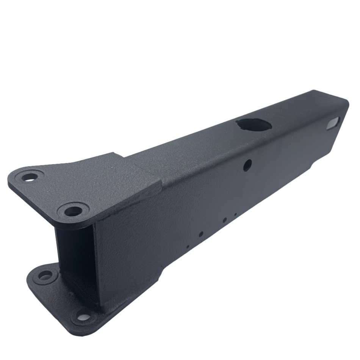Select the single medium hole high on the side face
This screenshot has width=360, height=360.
pos(247,165)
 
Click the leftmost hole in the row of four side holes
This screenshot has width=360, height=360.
pos(188,247)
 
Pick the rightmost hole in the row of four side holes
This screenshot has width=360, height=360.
pos(235,215)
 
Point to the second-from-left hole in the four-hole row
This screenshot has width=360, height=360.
pos(201,234)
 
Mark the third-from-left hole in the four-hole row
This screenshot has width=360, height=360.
pos(225,220)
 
